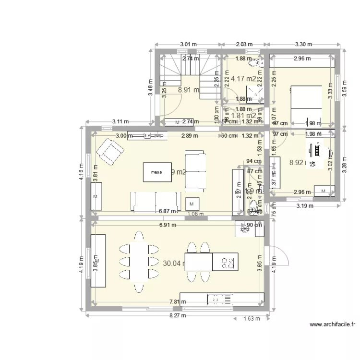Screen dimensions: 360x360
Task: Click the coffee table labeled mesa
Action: [156, 171]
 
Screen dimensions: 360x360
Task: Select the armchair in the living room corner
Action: [110, 151]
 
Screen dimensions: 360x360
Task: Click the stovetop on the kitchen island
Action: [226, 262]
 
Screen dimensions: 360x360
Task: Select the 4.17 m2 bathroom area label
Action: [243, 79]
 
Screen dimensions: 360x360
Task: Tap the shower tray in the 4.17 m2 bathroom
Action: [253, 93]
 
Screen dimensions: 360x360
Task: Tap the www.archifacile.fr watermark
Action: [332, 324]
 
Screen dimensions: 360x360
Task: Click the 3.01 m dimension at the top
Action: [188, 44]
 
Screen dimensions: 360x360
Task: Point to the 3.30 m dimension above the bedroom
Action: [302, 44]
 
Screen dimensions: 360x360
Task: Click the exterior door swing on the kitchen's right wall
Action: [279, 256]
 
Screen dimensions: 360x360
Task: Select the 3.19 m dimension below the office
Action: [305, 206]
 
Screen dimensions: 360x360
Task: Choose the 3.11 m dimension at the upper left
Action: [122, 122]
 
